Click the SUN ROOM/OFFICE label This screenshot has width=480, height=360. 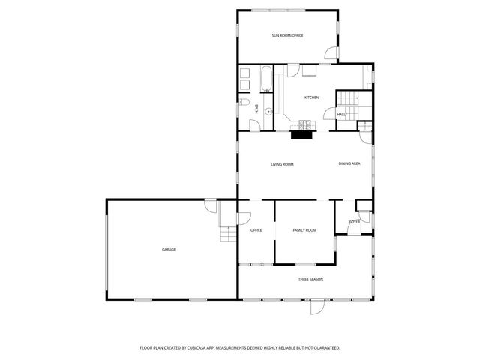[x=287, y=35]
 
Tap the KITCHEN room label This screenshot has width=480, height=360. [x=311, y=97]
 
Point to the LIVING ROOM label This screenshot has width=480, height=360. [x=282, y=164]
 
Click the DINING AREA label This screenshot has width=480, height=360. [x=349, y=164]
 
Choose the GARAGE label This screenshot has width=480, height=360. [x=169, y=249]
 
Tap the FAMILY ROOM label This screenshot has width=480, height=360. [x=304, y=230]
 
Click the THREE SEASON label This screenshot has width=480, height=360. [x=310, y=279]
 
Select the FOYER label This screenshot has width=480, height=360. [x=355, y=222]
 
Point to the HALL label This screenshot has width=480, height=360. [x=341, y=114]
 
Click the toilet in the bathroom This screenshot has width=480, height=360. [x=245, y=103]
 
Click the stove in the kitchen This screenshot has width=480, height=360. [x=304, y=124]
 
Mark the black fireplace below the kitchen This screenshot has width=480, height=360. [x=301, y=135]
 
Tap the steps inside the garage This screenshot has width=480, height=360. [x=228, y=235]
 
